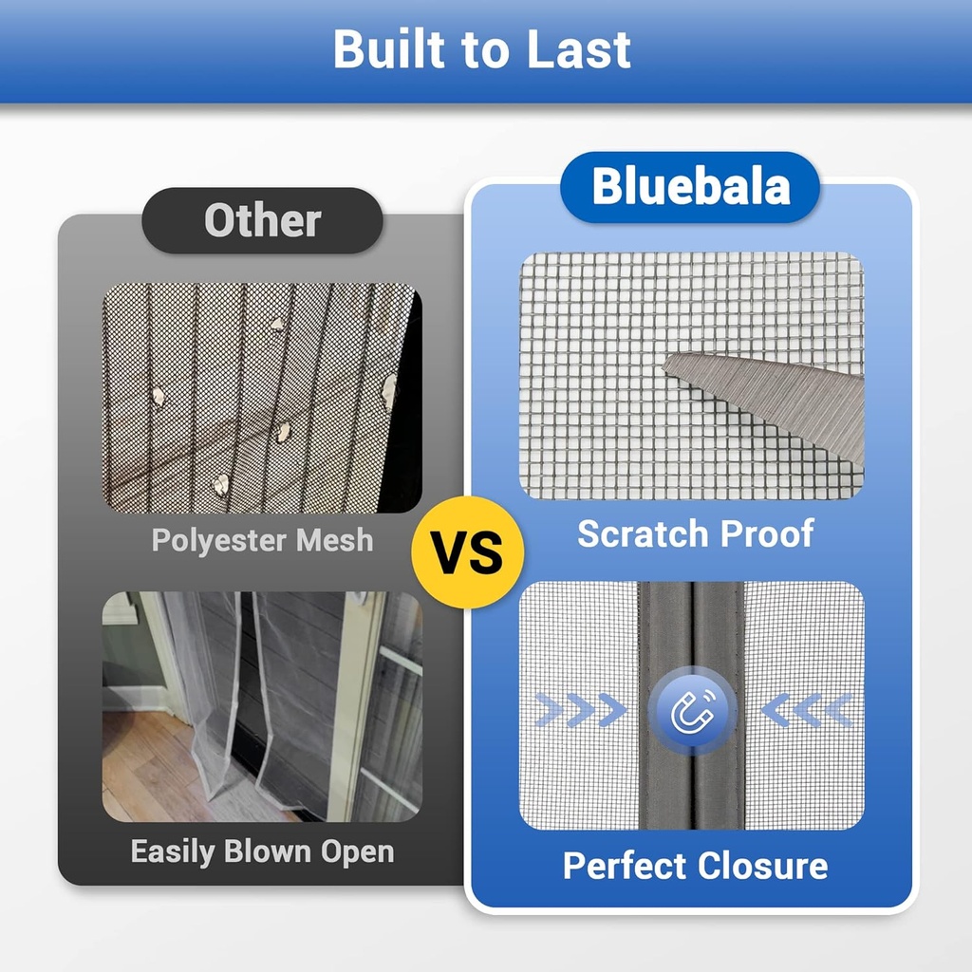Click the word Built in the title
click(x=385, y=49)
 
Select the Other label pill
click(x=263, y=220)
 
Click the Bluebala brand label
click(x=690, y=187)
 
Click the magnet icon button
click(x=692, y=710)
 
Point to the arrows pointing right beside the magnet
click(x=581, y=710)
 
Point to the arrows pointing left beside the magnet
click(x=807, y=710)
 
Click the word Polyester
click(x=219, y=540)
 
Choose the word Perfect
click(x=625, y=866)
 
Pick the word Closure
click(x=762, y=866)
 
